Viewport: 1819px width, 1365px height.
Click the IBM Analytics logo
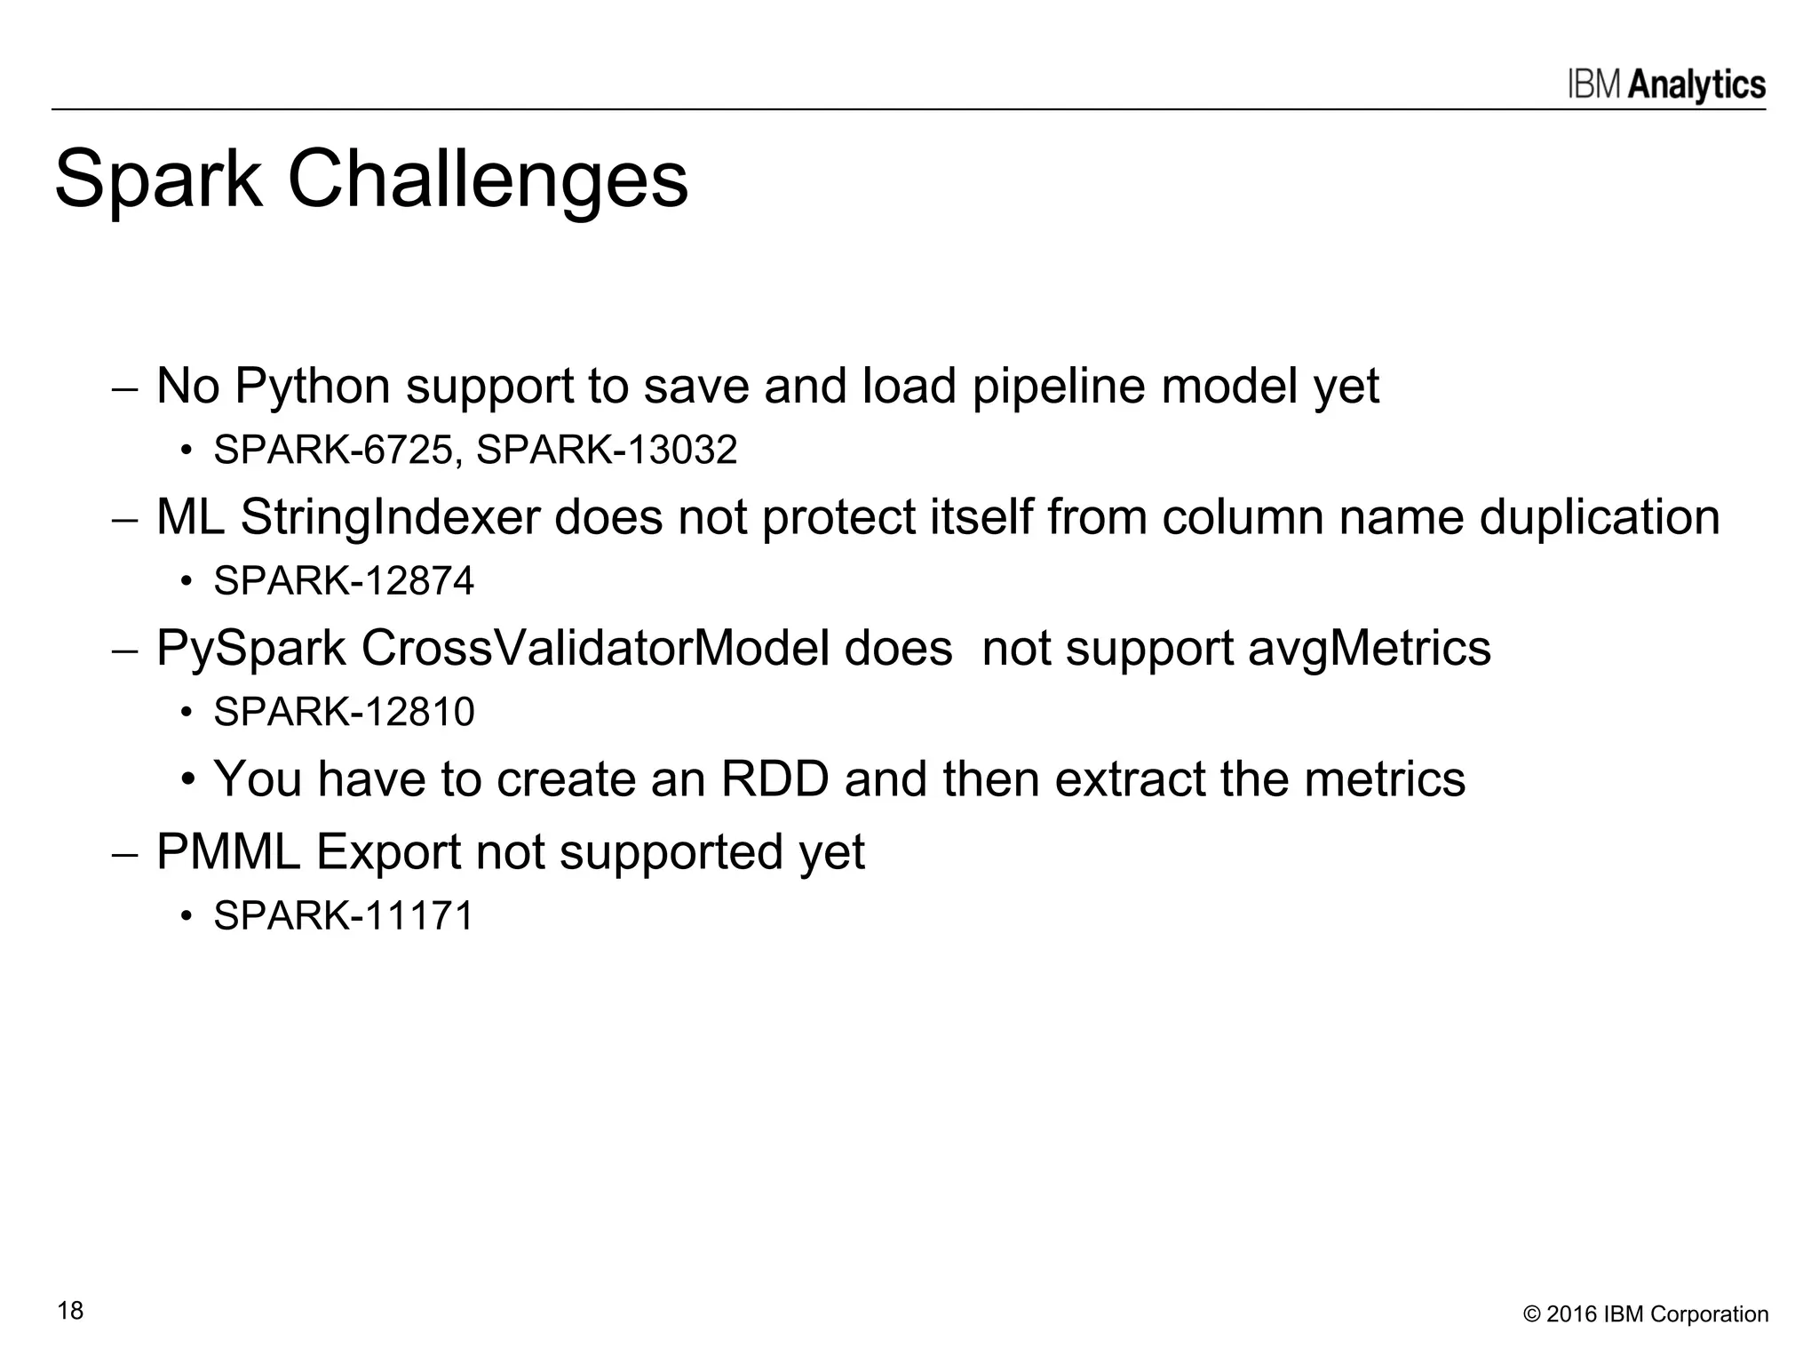[1666, 85]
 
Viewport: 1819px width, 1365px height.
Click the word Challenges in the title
[487, 180]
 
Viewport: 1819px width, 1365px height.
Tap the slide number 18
[70, 1311]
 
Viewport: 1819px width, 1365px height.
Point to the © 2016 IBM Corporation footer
[1645, 1314]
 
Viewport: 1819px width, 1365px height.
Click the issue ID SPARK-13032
[607, 450]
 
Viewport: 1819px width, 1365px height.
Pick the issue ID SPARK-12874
[344, 581]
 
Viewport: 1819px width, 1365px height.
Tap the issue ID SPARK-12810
[344, 712]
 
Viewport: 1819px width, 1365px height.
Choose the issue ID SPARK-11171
[344, 915]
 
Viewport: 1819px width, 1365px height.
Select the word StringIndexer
[390, 517]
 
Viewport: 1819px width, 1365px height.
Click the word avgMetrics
[1369, 648]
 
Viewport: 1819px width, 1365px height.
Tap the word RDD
[774, 779]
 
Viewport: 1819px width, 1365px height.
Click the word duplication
[1599, 517]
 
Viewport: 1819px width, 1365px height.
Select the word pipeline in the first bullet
[1059, 387]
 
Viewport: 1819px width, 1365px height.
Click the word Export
[388, 852]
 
